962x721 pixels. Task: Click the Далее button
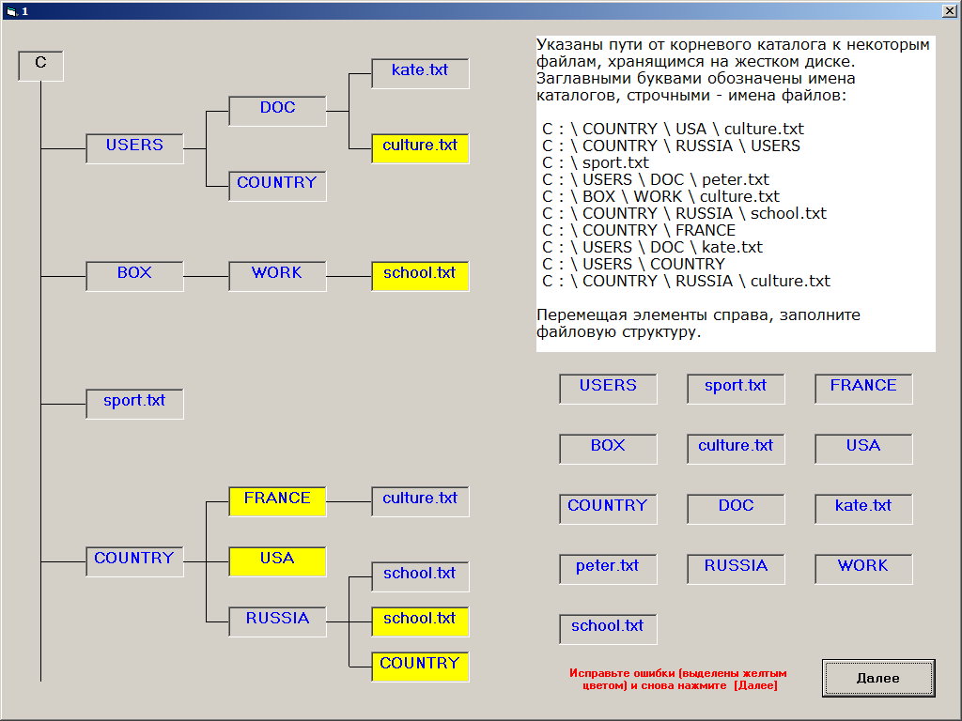pyautogui.click(x=878, y=678)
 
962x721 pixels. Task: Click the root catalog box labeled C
pyautogui.click(x=40, y=66)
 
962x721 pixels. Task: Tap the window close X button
pyautogui.click(x=949, y=10)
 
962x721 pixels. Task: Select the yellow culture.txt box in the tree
pyautogui.click(x=420, y=148)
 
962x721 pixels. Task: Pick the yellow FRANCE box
pyautogui.click(x=277, y=501)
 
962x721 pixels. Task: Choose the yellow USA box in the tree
pyautogui.click(x=277, y=561)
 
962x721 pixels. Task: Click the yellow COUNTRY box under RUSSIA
pyautogui.click(x=420, y=667)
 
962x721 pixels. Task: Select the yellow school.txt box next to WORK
pyautogui.click(x=420, y=276)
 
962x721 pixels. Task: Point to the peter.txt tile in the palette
pyautogui.click(x=608, y=569)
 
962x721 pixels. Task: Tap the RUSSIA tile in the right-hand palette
pyautogui.click(x=736, y=569)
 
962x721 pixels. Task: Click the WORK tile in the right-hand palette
pyautogui.click(x=863, y=569)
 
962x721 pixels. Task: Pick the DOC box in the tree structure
pyautogui.click(x=277, y=111)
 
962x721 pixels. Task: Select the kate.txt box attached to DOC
pyautogui.click(x=420, y=73)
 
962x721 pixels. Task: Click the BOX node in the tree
pyautogui.click(x=134, y=276)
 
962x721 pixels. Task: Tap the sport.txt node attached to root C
pyautogui.click(x=134, y=404)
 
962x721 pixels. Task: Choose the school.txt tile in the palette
pyautogui.click(x=608, y=629)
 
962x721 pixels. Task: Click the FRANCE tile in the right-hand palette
pyautogui.click(x=863, y=389)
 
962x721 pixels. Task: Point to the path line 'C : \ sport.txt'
pyautogui.click(x=595, y=163)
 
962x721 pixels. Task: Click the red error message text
pyautogui.click(x=678, y=680)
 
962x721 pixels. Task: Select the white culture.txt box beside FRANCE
pyautogui.click(x=420, y=501)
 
